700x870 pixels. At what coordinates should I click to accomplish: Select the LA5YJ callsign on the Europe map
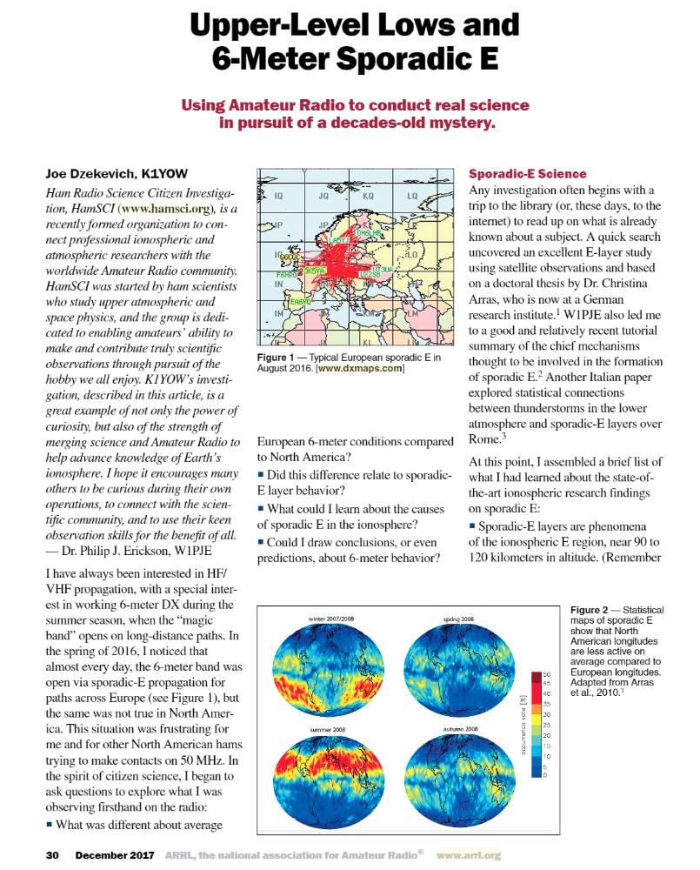click(x=340, y=239)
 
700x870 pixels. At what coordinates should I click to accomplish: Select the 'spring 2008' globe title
click(x=457, y=618)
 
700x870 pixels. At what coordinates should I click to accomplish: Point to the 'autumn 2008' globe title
click(x=460, y=728)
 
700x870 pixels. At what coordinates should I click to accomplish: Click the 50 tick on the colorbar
click(x=547, y=674)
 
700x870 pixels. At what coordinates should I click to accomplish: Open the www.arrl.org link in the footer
click(x=469, y=855)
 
